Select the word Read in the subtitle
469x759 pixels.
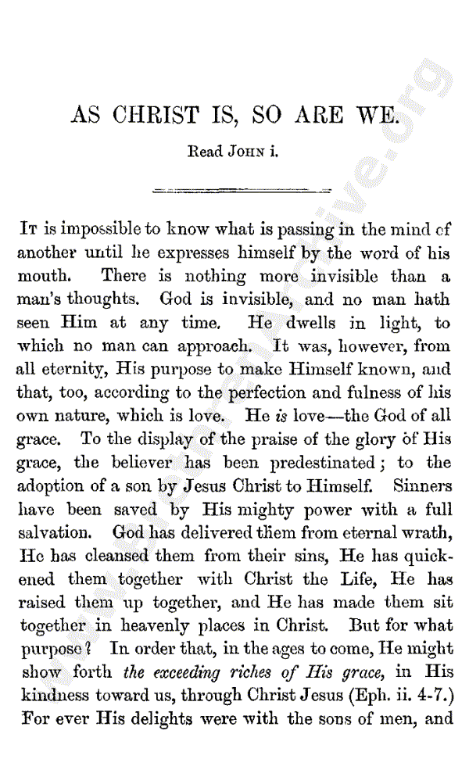click(x=205, y=152)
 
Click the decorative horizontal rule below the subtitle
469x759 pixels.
click(x=241, y=189)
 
